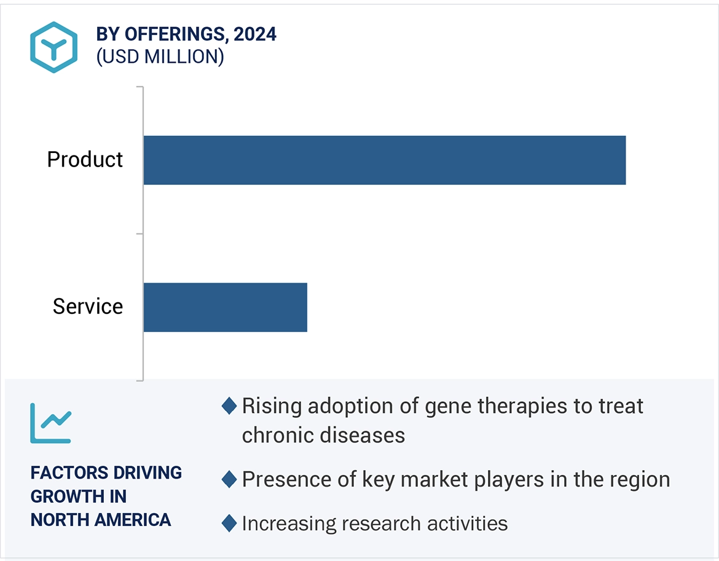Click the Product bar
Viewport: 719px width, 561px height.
coord(384,160)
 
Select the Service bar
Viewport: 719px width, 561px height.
coord(225,307)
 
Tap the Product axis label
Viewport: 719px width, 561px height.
coord(85,160)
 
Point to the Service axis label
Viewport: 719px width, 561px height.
coord(87,307)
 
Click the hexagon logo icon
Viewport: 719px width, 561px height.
coord(53,47)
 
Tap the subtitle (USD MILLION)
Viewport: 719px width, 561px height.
coord(160,57)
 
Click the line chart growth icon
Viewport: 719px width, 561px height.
coord(50,423)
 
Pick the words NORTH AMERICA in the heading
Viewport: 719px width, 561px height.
coord(101,520)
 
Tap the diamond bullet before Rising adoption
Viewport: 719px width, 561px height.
coord(229,406)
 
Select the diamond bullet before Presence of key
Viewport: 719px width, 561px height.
coord(229,479)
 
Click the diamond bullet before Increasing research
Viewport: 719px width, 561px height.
coord(229,524)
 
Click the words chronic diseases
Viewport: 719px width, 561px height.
coord(323,435)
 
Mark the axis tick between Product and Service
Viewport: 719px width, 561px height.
coord(139,233)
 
